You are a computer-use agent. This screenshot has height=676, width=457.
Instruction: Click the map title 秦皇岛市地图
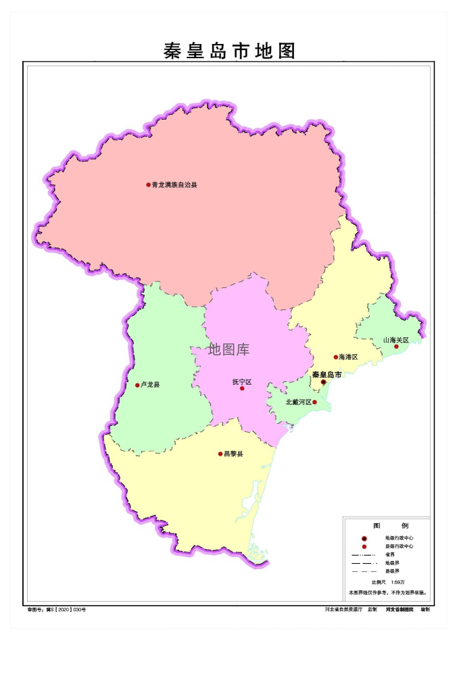(x=230, y=51)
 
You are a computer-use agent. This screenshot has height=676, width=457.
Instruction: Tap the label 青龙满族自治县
(x=174, y=185)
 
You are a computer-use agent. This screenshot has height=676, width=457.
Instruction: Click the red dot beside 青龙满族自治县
(x=149, y=185)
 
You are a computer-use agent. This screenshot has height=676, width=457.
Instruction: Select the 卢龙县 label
(x=150, y=385)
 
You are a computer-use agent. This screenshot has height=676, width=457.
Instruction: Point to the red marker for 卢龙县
(x=137, y=385)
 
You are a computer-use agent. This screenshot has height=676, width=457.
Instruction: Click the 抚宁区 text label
(x=241, y=382)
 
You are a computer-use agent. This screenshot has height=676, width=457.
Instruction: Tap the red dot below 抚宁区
(x=242, y=389)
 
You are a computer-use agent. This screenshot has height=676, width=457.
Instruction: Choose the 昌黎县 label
(x=233, y=454)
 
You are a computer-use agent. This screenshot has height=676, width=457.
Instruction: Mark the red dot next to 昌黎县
(x=220, y=454)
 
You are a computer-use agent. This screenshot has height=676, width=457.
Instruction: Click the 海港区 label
(x=348, y=357)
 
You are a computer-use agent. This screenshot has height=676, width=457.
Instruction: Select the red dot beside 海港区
(x=335, y=357)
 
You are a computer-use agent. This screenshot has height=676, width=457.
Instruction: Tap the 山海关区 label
(x=396, y=340)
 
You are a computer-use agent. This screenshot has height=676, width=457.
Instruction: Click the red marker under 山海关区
(x=397, y=347)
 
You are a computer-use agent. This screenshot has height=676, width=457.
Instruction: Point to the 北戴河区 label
(x=298, y=402)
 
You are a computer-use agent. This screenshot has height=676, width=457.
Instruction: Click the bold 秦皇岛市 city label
(x=326, y=374)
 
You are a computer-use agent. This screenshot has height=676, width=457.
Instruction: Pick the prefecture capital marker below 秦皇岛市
(x=323, y=382)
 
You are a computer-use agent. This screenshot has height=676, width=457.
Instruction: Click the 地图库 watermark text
(x=228, y=349)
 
